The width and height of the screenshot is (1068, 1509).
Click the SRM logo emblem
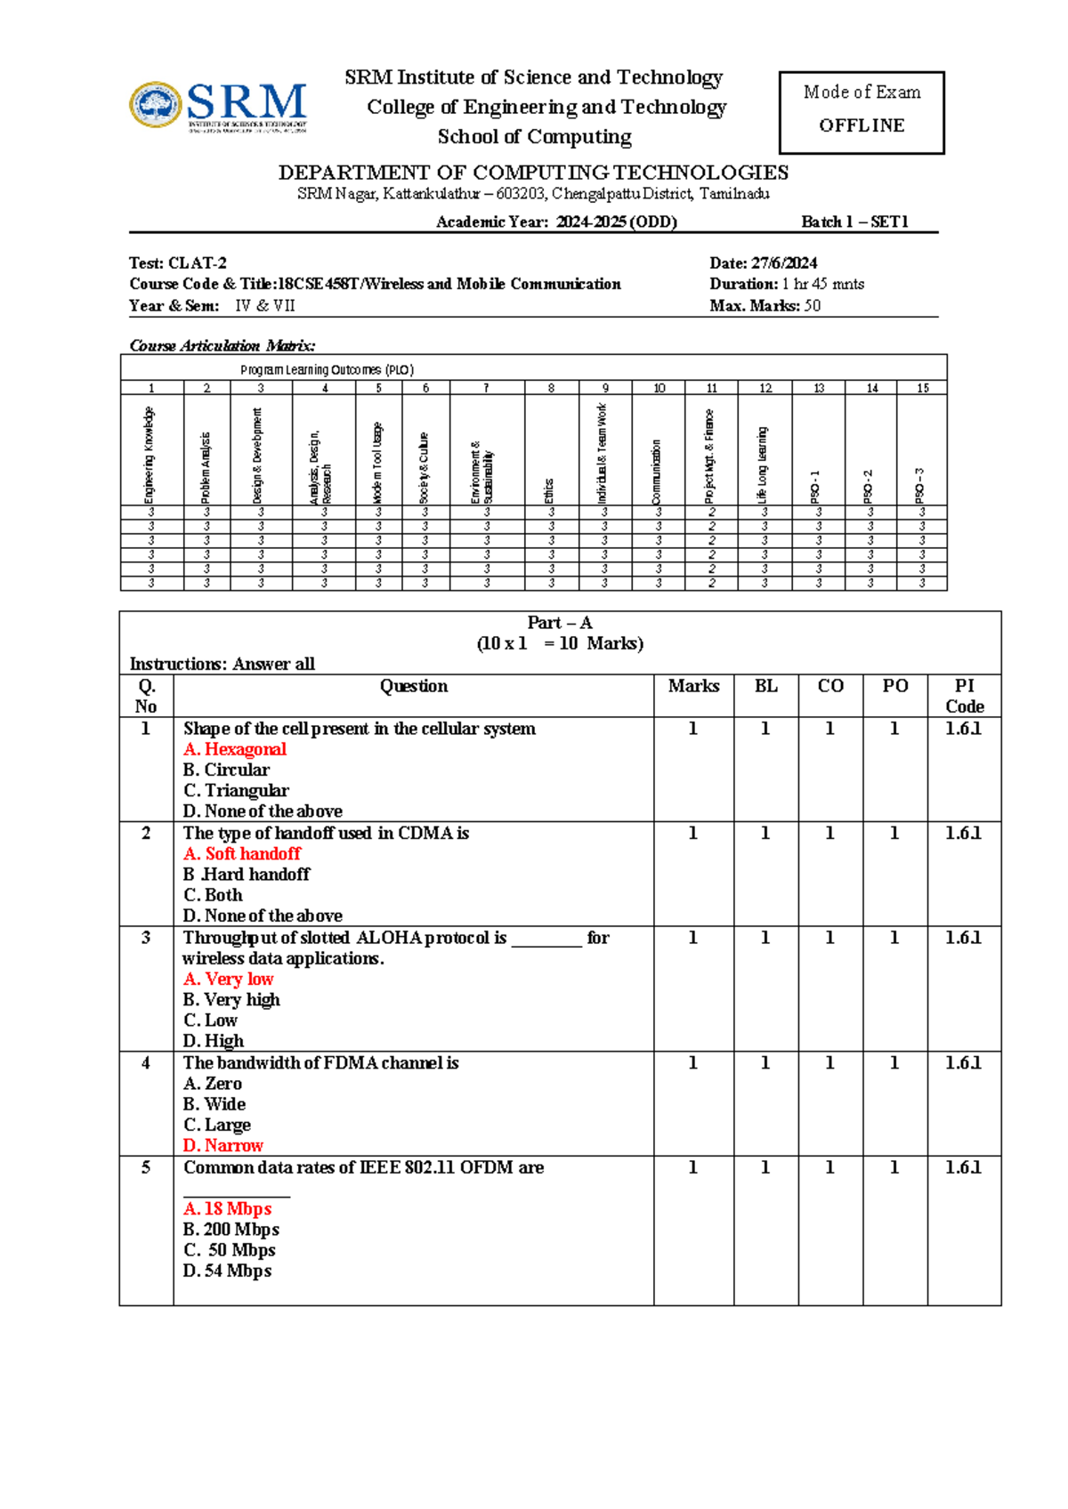[x=156, y=105]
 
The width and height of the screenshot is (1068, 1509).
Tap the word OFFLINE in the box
[x=862, y=125]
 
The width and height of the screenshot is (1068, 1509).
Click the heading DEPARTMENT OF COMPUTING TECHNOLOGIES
[x=533, y=173]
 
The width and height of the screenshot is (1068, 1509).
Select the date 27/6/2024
[x=784, y=263]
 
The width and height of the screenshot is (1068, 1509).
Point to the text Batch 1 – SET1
[x=854, y=222]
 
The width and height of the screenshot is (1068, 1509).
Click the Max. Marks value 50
[x=812, y=306]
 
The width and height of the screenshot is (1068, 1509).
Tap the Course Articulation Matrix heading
[x=222, y=346]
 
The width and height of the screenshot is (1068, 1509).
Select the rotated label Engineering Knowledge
[x=150, y=454]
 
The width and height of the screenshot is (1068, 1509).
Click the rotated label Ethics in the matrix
[x=549, y=490]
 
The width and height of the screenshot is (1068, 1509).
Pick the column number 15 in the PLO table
[x=923, y=388]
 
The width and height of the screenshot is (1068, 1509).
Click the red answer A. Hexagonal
[x=235, y=749]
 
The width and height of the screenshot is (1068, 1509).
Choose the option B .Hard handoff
[x=247, y=875]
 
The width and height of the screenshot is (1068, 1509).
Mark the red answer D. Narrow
[x=223, y=1146]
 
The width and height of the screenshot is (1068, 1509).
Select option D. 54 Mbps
[x=228, y=1271]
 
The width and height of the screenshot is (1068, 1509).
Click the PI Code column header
[x=964, y=696]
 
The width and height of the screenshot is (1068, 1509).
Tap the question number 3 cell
[x=146, y=938]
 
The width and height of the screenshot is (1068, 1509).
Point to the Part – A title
[x=559, y=623]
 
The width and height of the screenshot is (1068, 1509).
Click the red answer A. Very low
[x=229, y=980]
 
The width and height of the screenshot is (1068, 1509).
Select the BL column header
[x=765, y=686]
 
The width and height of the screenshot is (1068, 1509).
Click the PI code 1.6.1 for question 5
[x=963, y=1167]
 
